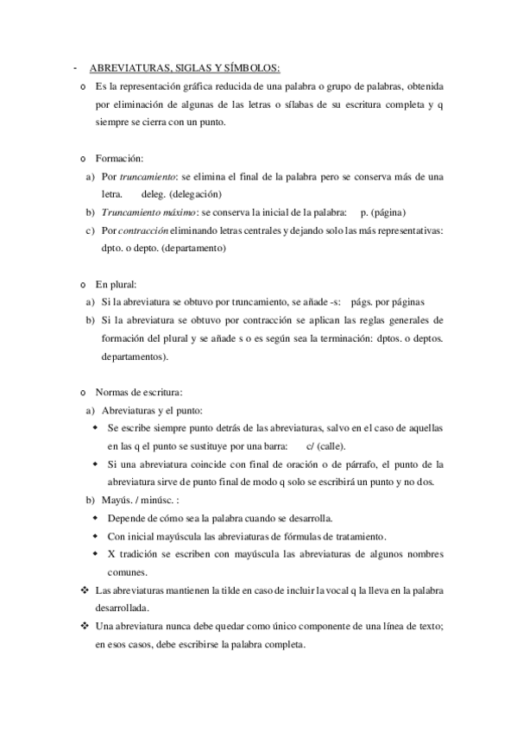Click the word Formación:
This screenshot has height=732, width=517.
(x=120, y=159)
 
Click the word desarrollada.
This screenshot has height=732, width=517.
(x=125, y=608)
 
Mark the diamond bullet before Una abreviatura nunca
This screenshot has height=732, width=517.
(x=84, y=626)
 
